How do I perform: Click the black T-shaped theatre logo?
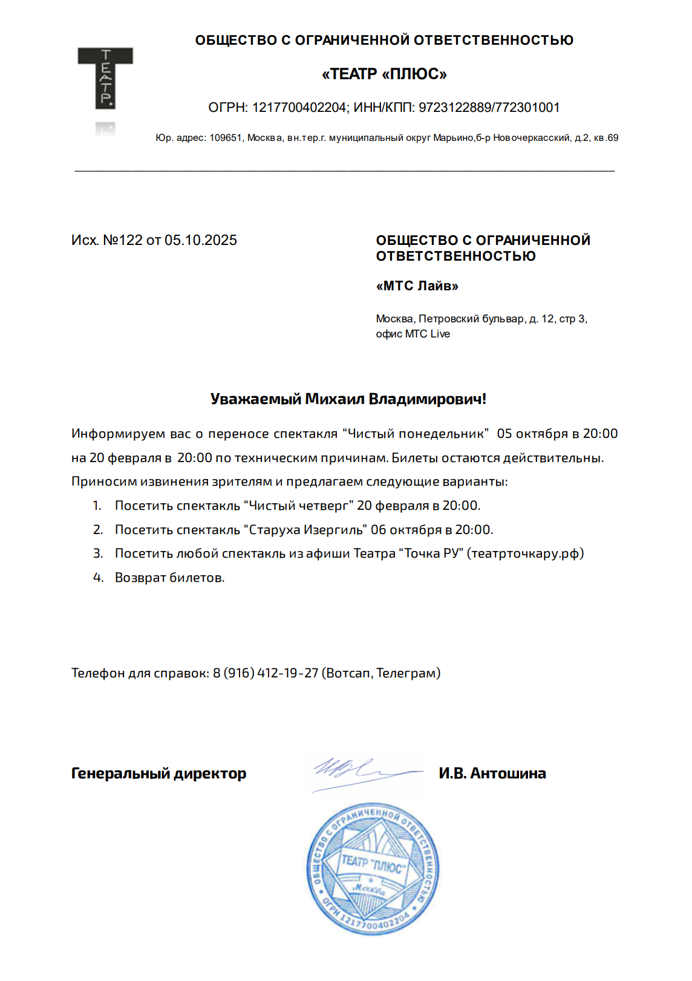click(x=105, y=77)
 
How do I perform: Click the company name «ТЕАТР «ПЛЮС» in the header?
click(x=384, y=74)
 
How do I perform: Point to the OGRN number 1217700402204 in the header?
click(x=299, y=108)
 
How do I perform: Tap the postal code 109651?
click(x=226, y=138)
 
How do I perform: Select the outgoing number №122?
click(x=123, y=240)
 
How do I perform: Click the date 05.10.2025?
click(x=201, y=240)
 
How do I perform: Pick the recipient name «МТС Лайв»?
click(x=417, y=286)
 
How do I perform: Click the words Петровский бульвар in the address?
click(x=471, y=319)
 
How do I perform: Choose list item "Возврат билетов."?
click(x=169, y=578)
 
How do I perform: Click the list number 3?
click(x=97, y=553)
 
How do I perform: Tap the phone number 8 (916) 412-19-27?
click(x=266, y=673)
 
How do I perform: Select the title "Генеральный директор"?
click(x=158, y=774)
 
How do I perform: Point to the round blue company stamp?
click(x=373, y=869)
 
